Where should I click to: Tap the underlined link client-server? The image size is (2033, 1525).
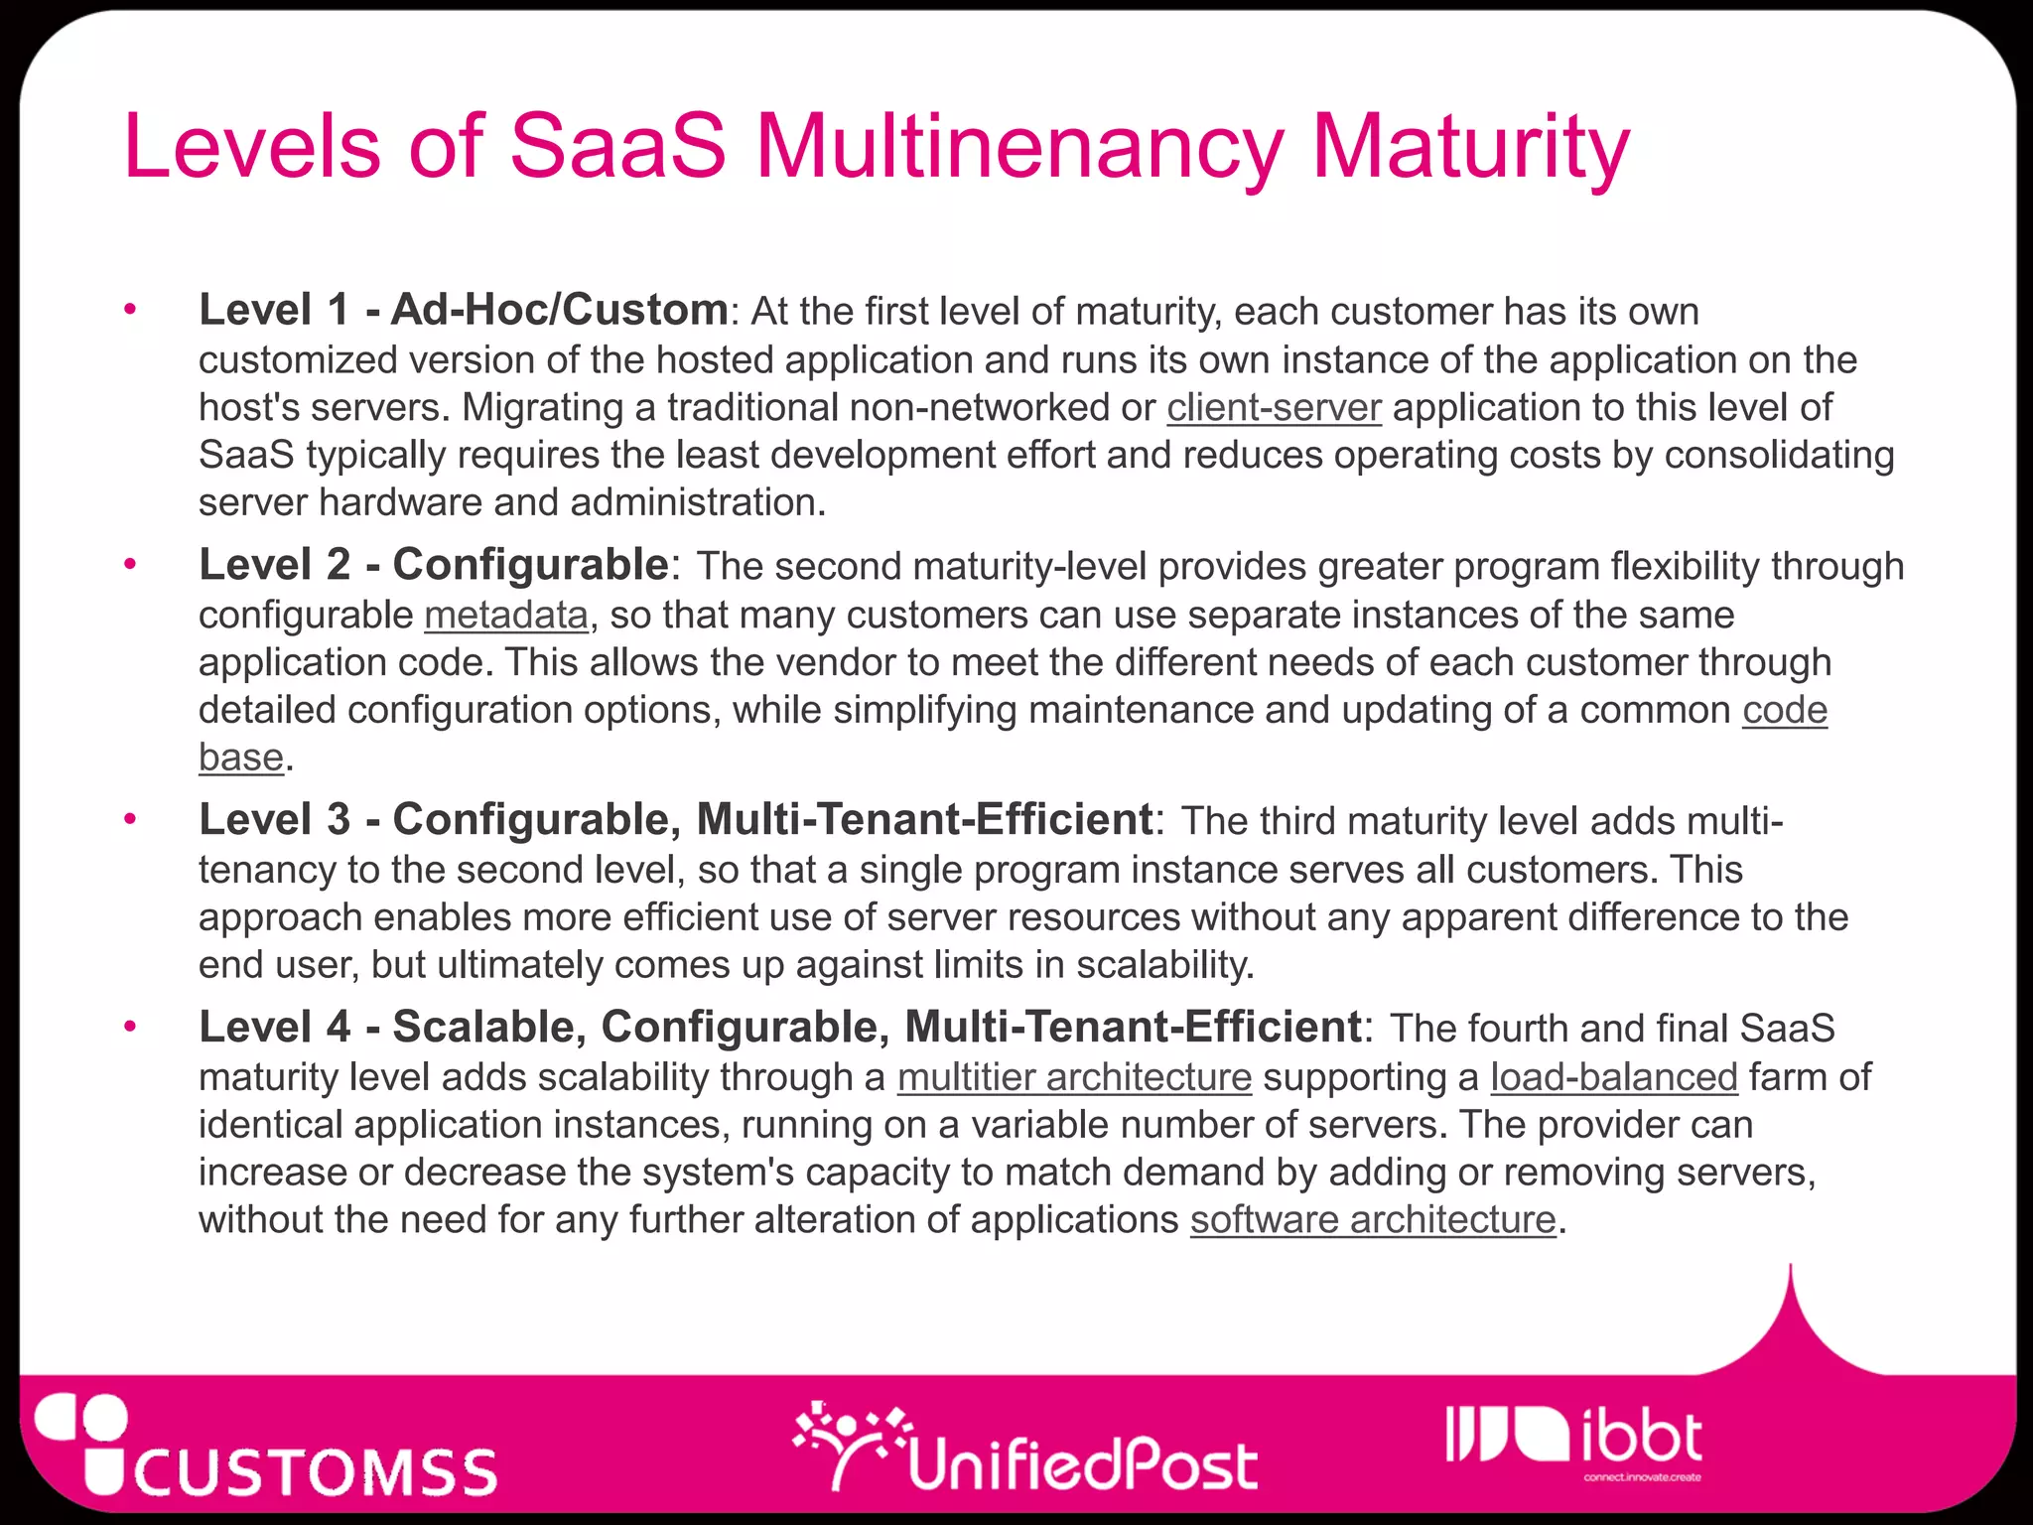coord(1274,407)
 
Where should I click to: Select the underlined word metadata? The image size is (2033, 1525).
coord(506,615)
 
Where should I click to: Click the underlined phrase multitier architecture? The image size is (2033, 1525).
coord(1074,1076)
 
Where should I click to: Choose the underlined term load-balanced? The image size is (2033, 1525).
coord(1614,1076)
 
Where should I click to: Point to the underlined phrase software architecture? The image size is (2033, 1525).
coord(1373,1219)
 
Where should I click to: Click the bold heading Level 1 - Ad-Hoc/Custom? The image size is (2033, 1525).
coord(464,310)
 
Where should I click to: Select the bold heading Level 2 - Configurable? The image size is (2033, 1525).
coord(434,565)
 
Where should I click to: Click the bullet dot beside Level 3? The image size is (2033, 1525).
coord(130,820)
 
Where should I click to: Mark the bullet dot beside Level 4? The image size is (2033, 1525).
coord(130,1027)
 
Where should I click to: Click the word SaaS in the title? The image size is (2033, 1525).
coord(617,147)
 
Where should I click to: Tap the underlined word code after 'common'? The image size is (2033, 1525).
coord(1784,710)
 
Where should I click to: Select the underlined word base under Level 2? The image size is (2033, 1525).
coord(241,757)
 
